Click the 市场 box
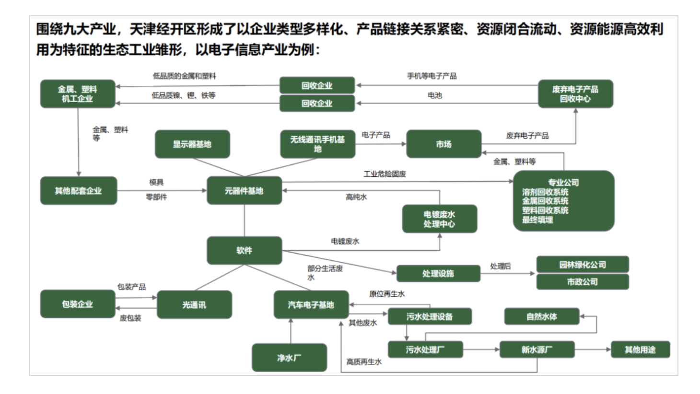(x=443, y=144)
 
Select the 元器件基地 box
(x=244, y=191)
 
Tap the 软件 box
(x=244, y=250)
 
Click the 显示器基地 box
(x=192, y=144)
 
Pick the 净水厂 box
(x=289, y=358)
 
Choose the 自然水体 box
(x=541, y=316)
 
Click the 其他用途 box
(x=640, y=349)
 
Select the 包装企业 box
(x=78, y=304)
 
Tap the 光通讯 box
(x=194, y=305)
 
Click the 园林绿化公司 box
(x=582, y=265)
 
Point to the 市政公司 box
(x=582, y=282)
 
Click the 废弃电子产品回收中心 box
(x=575, y=94)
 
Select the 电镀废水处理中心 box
(x=439, y=219)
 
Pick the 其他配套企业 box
(x=78, y=191)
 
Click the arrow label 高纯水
(x=356, y=197)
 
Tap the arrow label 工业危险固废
(x=385, y=174)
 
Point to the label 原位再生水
(x=386, y=294)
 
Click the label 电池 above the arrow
(x=434, y=95)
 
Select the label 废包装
(x=130, y=318)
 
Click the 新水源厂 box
(x=537, y=349)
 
